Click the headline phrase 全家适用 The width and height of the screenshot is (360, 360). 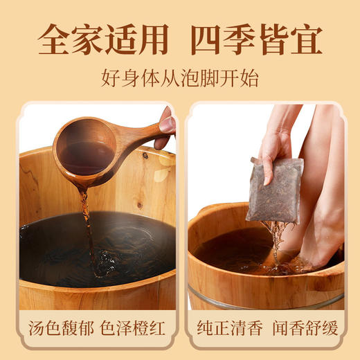click(x=102, y=39)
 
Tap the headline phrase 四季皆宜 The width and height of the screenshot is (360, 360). click(x=257, y=39)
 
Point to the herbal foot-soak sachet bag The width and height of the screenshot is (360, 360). click(x=276, y=190)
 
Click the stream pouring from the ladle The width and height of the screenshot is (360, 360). click(x=88, y=222)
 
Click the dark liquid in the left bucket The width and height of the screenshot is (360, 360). click(x=132, y=242)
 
